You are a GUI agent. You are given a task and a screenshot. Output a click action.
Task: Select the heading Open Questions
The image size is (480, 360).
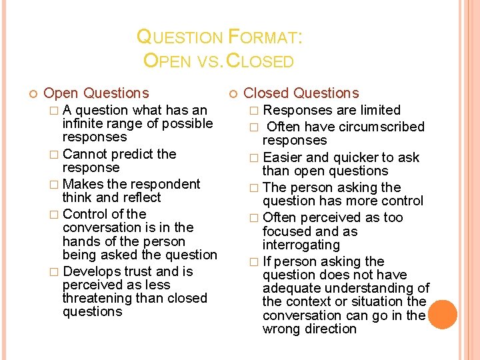click(96, 93)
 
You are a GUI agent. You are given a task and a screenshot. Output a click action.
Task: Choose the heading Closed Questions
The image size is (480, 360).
click(301, 93)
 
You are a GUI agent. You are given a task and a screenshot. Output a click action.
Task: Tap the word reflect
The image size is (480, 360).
click(137, 197)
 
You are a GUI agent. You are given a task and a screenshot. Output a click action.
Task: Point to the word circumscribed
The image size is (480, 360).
click(385, 127)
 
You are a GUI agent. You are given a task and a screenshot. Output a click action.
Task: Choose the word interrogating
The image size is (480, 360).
click(301, 245)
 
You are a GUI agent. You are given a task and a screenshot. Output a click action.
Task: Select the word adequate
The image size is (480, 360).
click(289, 288)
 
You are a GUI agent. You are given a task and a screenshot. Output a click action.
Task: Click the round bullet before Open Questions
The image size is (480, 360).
click(27, 93)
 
